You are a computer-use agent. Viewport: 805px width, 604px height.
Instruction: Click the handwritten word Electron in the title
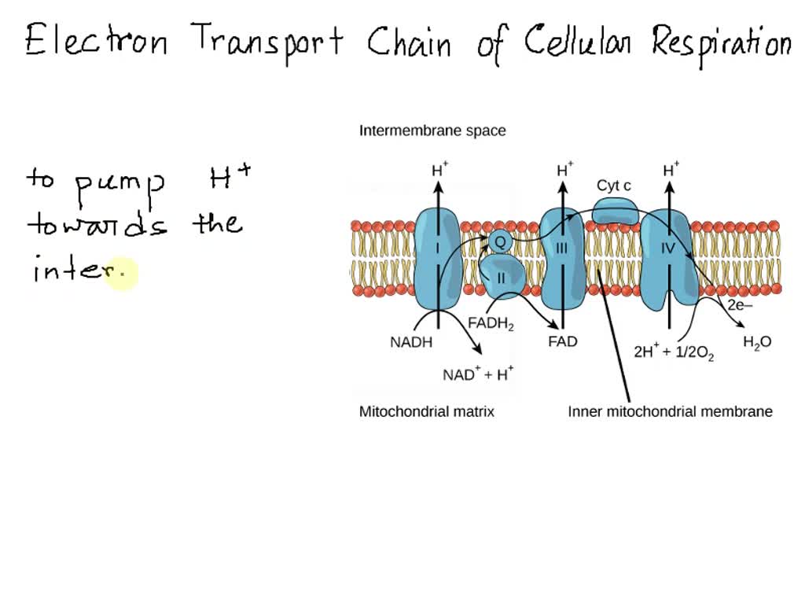[96, 41]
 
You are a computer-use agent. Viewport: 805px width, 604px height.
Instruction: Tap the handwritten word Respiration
[720, 42]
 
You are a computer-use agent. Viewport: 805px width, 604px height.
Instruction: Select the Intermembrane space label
[432, 131]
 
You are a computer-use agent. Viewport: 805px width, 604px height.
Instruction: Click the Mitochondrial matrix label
[427, 411]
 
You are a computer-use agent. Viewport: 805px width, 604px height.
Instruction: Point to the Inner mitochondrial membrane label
[670, 411]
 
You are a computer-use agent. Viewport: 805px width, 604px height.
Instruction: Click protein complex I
[436, 257]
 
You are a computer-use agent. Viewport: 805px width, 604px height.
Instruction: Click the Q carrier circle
[500, 241]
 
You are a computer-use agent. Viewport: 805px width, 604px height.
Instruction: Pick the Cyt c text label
[614, 186]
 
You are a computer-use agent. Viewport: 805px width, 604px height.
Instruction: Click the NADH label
[411, 342]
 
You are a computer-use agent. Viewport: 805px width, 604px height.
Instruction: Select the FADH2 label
[491, 323]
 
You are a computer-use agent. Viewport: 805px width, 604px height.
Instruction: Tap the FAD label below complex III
[562, 342]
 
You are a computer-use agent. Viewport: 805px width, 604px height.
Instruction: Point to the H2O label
[757, 342]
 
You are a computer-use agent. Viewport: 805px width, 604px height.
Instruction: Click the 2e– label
[740, 305]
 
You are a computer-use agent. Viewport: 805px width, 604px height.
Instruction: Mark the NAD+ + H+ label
[478, 374]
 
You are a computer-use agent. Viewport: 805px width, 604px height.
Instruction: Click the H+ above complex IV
[671, 169]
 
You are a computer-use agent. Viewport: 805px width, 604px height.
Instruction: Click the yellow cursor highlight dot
[120, 274]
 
